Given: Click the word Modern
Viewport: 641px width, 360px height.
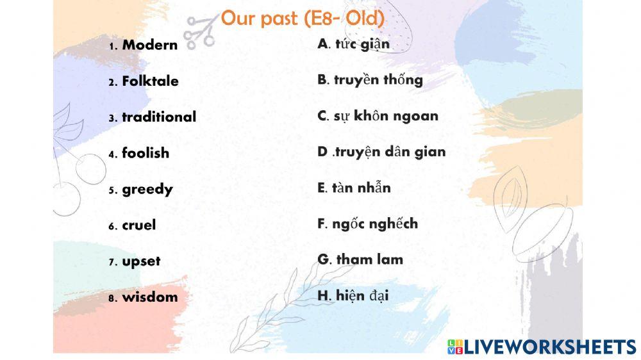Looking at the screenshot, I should pos(149,45).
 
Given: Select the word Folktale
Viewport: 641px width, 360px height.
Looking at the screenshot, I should pos(150,81).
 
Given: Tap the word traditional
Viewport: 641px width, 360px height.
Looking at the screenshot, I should pos(159,117).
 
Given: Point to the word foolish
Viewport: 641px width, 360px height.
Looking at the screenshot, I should pos(146,153).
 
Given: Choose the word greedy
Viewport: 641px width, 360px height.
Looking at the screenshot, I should pos(147,190).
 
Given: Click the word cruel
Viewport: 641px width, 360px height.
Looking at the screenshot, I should pos(139,225).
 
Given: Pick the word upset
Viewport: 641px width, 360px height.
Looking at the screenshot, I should pos(141,261).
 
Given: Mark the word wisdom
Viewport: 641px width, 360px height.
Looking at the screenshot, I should pos(150,297).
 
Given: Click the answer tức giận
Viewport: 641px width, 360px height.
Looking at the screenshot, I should pos(362,44).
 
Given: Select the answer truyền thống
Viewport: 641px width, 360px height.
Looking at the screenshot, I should pos(378,80).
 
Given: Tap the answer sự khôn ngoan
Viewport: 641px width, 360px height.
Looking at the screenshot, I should pos(386,116).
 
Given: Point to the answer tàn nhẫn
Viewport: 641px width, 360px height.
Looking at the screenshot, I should pos(362,188).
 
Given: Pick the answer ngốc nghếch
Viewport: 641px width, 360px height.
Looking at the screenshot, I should pos(375,224).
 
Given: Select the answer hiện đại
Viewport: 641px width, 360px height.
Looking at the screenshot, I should pos(362,295).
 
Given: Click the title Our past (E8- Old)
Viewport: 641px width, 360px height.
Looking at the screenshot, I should pos(303,19).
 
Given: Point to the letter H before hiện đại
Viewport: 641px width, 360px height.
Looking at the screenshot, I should pos(323,295).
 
